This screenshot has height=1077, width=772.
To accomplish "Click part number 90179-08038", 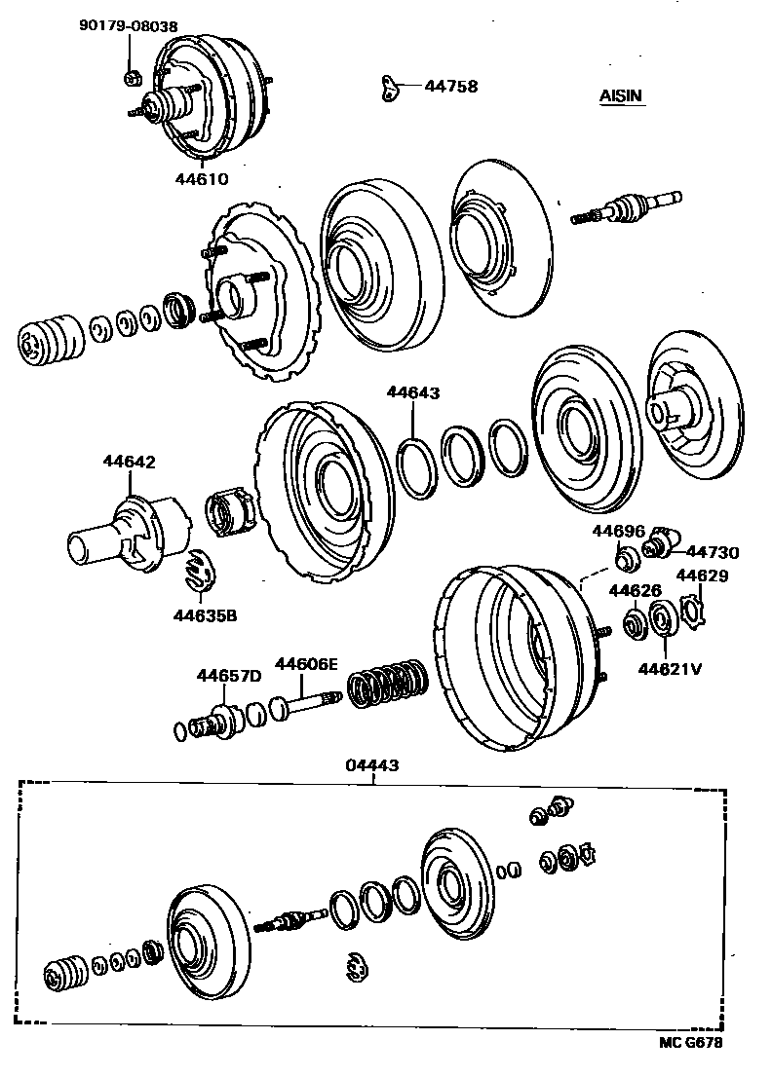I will (x=129, y=27).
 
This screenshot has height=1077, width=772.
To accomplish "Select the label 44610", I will (x=202, y=178).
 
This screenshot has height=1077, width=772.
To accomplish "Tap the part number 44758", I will (x=450, y=86).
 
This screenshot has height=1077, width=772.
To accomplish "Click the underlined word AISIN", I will (x=621, y=95).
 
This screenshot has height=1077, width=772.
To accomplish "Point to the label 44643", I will (x=413, y=392).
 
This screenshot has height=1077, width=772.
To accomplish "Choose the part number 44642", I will (x=130, y=462).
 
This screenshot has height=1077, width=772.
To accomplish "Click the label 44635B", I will (x=206, y=614).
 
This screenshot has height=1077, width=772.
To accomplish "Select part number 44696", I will (x=618, y=531).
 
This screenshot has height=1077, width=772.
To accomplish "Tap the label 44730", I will (x=713, y=552).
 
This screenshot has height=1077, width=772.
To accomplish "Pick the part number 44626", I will (x=635, y=590).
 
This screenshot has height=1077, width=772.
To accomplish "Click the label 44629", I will (x=702, y=576).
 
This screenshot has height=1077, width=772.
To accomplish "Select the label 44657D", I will (x=229, y=675).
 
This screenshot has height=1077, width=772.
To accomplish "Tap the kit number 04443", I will (x=371, y=765).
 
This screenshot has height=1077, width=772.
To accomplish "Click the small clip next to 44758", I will (x=389, y=88).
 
